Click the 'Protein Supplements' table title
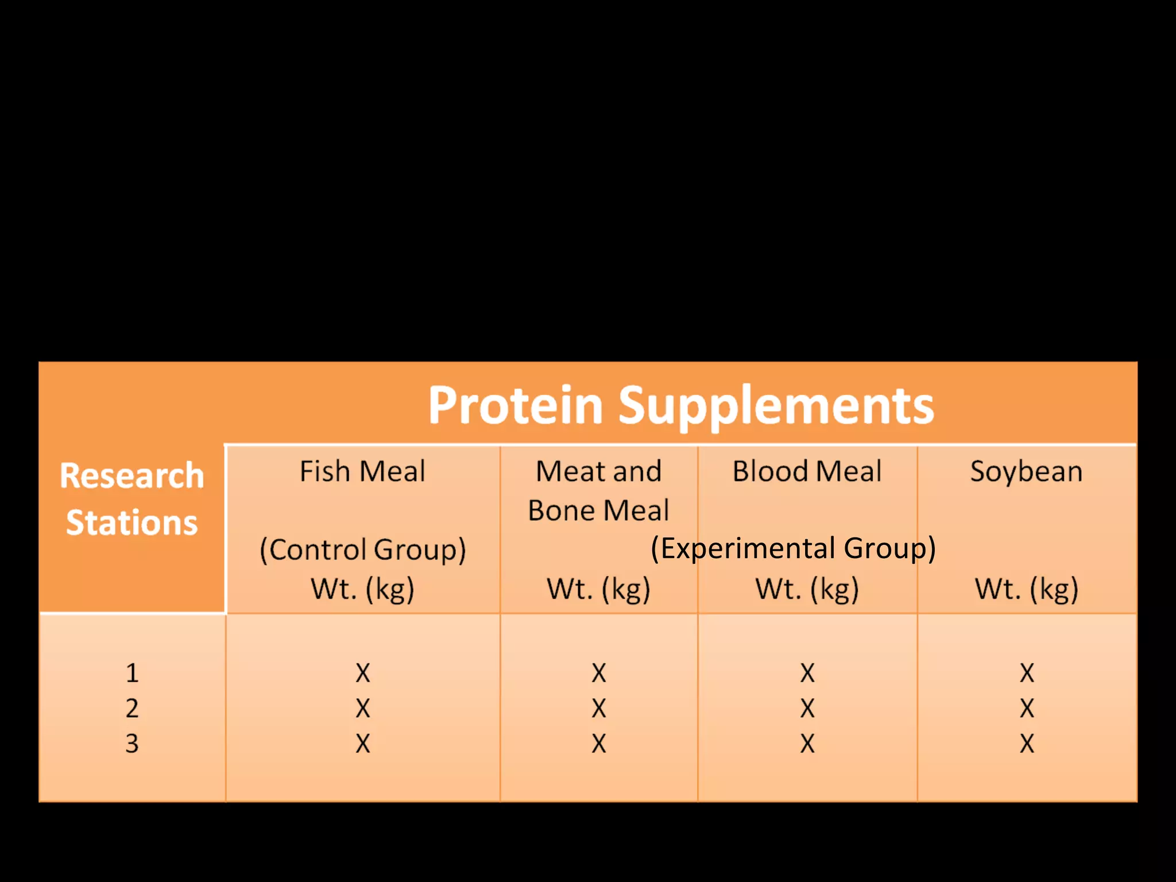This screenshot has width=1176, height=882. [x=681, y=405]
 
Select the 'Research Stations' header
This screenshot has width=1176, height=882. [x=132, y=499]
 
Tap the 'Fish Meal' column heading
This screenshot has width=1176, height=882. [x=362, y=471]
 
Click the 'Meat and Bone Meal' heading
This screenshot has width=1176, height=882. [x=598, y=491]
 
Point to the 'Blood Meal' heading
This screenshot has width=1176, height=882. [x=807, y=471]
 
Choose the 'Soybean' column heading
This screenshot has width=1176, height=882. [x=1026, y=471]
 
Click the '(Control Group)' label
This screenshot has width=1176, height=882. [x=362, y=550]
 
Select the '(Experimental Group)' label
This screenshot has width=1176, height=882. [x=793, y=548]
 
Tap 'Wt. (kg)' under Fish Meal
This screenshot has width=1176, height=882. [x=362, y=589]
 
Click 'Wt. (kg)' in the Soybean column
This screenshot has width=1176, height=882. [x=1026, y=589]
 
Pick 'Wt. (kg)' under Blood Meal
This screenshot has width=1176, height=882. [x=807, y=589]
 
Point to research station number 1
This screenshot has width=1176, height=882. [x=132, y=673]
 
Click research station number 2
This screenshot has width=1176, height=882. [x=132, y=709]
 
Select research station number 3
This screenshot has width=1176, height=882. [x=132, y=744]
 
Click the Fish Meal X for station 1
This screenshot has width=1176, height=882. [x=363, y=673]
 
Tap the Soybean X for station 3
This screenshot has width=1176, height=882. [x=1027, y=744]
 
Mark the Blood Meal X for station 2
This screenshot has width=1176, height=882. [x=807, y=709]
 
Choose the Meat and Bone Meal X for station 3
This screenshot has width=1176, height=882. [x=599, y=744]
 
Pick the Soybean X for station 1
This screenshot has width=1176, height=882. [x=1027, y=673]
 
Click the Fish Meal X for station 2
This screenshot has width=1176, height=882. [x=363, y=709]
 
